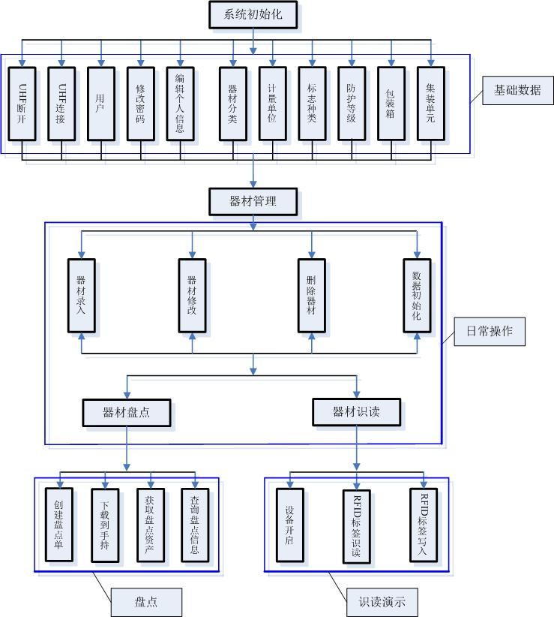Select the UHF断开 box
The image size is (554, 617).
(x=23, y=104)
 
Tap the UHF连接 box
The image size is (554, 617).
(x=62, y=104)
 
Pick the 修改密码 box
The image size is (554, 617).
(x=140, y=104)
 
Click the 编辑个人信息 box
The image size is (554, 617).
(x=180, y=104)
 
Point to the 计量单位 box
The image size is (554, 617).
(x=272, y=104)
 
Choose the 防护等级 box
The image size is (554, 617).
(x=352, y=104)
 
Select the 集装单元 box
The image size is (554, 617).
(x=431, y=104)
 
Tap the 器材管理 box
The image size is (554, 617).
(x=253, y=201)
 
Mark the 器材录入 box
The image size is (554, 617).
(x=82, y=296)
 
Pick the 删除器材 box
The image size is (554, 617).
(x=311, y=296)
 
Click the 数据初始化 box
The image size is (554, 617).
(x=417, y=296)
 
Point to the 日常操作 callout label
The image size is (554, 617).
(x=490, y=331)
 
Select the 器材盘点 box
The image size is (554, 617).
(x=126, y=411)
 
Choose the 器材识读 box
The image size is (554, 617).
(x=356, y=411)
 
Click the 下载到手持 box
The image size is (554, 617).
(x=104, y=525)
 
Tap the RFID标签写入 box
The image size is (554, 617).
(x=424, y=525)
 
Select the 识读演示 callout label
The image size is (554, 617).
(x=382, y=601)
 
